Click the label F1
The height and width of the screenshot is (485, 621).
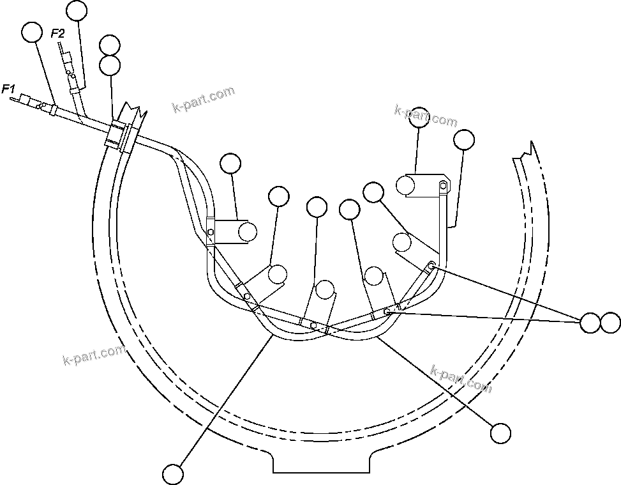[x=8, y=89]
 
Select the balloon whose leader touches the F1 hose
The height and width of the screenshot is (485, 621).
[x=31, y=31]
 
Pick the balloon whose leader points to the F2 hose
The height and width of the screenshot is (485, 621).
[x=77, y=10]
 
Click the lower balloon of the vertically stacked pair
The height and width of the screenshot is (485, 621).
[x=110, y=65]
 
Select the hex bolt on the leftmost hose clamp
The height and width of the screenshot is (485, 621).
[x=211, y=232]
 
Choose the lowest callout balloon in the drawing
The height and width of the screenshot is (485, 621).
[x=173, y=474]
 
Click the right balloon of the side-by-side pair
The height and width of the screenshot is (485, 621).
[x=610, y=323]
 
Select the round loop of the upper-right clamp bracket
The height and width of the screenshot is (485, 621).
[x=405, y=185]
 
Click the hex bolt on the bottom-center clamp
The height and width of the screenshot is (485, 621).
[x=313, y=325]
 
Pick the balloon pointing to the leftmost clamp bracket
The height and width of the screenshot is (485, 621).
[x=230, y=164]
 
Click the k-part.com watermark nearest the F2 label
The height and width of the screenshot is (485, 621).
[x=204, y=100]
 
